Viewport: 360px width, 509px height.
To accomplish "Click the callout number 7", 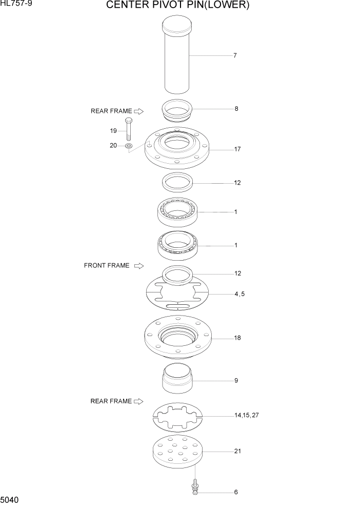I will [235, 55].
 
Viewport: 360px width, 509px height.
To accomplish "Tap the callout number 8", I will [236, 109].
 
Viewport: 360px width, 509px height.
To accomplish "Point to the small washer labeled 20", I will [128, 146].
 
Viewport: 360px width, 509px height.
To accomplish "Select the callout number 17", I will [237, 149].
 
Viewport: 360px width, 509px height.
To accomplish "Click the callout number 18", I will [237, 338].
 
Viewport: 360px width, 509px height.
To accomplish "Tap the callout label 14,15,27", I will [247, 415].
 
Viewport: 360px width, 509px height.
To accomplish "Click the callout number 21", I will [237, 452].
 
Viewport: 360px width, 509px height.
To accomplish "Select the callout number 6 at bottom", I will [236, 492].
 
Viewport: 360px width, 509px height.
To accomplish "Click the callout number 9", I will [236, 381].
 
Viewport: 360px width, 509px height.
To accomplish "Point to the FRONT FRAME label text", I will [107, 266].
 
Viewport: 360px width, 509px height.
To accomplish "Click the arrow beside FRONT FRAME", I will [138, 266].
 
